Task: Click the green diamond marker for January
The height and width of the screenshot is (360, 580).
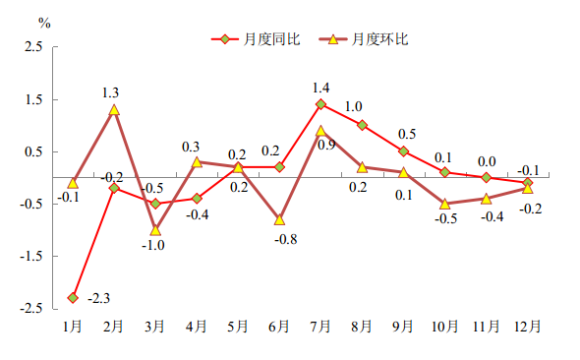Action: click(73, 298)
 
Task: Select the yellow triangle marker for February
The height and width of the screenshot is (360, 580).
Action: click(114, 110)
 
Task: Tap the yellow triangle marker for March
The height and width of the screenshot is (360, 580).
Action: click(156, 230)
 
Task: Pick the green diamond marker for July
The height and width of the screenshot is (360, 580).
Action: click(321, 104)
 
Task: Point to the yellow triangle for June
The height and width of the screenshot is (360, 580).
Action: click(280, 220)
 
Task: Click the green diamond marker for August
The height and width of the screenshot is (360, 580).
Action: click(362, 125)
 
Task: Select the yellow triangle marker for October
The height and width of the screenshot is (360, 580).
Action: click(445, 204)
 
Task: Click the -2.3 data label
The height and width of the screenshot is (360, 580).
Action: click(99, 298)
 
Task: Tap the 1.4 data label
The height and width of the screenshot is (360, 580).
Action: click(321, 88)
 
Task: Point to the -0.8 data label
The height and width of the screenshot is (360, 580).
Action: click(286, 240)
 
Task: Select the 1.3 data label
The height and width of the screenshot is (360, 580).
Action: click(110, 93)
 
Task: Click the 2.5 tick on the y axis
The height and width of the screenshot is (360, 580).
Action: click(34, 47)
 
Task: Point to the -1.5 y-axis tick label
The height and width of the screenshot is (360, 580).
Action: click(31, 256)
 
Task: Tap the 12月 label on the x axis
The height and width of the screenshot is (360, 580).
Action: click(527, 327)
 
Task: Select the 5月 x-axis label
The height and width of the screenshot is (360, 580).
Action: click(238, 327)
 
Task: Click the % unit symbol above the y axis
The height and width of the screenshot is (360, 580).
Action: click(45, 23)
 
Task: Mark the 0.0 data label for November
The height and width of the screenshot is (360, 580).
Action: click(487, 162)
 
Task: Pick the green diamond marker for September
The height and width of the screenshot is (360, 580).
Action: click(403, 151)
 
